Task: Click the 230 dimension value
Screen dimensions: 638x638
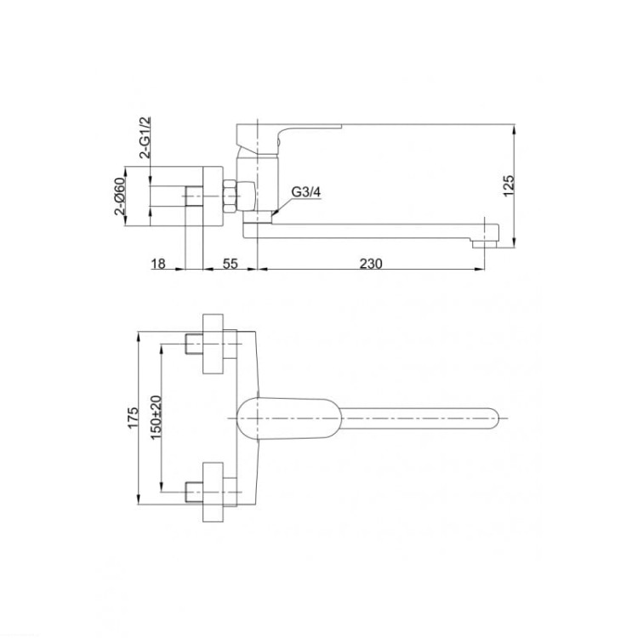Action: pos(371,264)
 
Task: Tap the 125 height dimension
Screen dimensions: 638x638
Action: pos(509,186)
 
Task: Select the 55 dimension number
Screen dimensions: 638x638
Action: pos(230,264)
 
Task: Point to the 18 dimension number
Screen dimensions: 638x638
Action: pos(158,264)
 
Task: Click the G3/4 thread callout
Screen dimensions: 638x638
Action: pos(306,192)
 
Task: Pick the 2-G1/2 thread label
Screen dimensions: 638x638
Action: pos(145,137)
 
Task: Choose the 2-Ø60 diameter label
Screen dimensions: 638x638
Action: pos(121,197)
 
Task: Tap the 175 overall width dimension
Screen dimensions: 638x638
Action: pos(133,418)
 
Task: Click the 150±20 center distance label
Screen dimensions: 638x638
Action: pos(156,418)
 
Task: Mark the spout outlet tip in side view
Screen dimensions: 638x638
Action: pos(485,244)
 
